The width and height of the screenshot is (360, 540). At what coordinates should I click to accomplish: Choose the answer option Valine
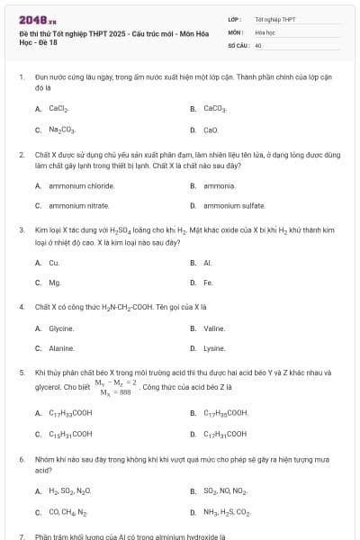point(214,328)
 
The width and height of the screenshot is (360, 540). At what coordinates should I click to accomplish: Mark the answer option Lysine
point(214,348)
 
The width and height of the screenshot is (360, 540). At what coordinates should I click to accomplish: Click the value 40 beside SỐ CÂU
point(258,44)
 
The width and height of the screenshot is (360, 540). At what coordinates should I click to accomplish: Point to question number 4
point(21,306)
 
